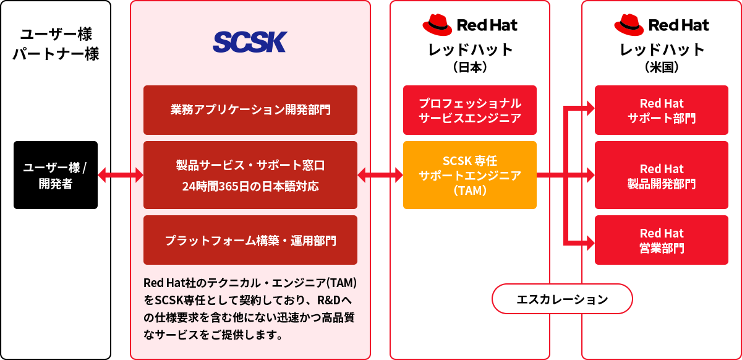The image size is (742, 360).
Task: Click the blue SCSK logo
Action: [x=250, y=42]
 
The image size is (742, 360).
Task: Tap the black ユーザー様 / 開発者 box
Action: [x=56, y=175]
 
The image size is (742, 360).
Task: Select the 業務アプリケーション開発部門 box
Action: [x=250, y=110]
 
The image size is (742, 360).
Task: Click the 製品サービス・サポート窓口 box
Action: [x=250, y=175]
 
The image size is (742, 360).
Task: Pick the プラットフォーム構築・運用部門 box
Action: [x=250, y=240]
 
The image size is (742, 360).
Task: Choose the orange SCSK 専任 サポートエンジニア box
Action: [x=470, y=175]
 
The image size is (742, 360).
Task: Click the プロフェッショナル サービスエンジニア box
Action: [x=470, y=110]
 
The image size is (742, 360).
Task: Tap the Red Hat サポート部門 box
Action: [x=662, y=110]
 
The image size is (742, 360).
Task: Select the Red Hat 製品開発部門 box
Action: [x=662, y=175]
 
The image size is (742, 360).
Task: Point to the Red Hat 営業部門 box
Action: [x=662, y=240]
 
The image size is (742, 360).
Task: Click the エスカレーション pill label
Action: [x=562, y=300]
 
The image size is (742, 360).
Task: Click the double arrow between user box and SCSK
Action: [x=121, y=175]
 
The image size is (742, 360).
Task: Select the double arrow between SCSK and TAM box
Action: [x=380, y=175]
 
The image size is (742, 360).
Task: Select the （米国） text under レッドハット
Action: [x=662, y=66]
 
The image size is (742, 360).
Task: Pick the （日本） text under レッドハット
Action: [x=470, y=66]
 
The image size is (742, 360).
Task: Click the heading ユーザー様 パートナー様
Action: [x=56, y=43]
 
